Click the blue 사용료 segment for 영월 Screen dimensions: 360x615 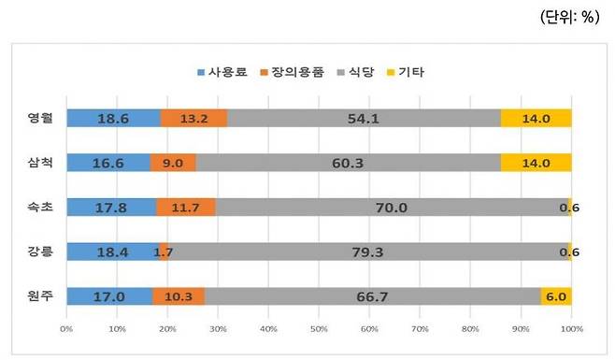[113, 119]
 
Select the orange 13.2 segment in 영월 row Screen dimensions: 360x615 [193, 119]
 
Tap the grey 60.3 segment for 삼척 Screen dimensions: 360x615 [348, 163]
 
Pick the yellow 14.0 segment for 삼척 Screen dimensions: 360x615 [536, 163]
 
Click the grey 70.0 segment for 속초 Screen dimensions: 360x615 [391, 208]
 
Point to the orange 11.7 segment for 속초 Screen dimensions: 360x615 [186, 208]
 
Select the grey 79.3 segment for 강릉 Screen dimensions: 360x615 [368, 252]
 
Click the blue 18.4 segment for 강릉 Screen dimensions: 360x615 [112, 252]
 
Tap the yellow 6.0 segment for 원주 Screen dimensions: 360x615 [556, 296]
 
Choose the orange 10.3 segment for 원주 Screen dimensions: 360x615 [179, 296]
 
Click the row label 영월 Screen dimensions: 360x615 [39, 119]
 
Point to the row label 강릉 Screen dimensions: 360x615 [39, 252]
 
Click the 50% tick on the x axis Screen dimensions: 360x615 [319, 329]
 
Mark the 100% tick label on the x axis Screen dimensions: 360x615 [571, 329]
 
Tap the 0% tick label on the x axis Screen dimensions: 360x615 [66, 329]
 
